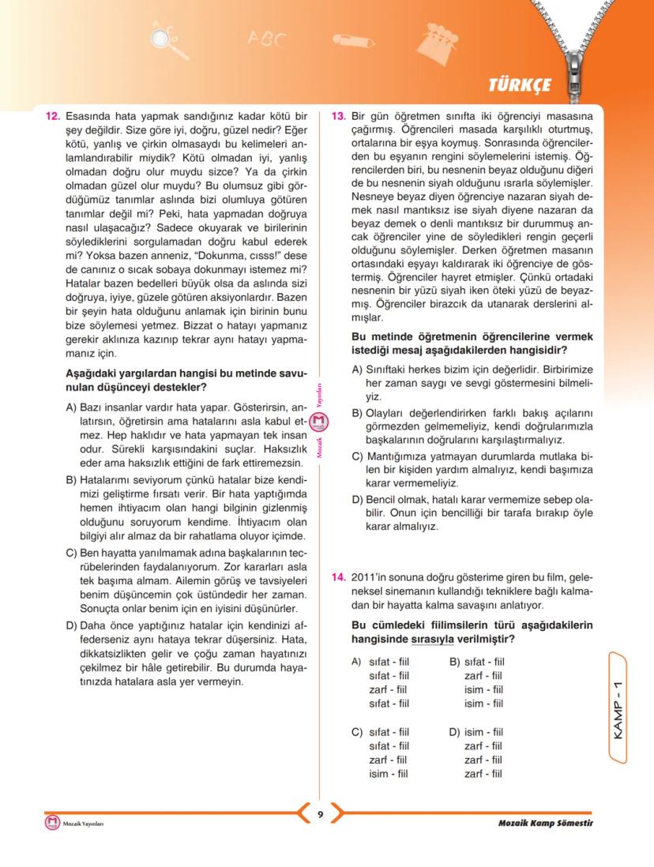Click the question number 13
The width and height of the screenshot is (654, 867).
point(338,116)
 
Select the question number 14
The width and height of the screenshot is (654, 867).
point(338,577)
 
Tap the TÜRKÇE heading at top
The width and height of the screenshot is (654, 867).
point(519,84)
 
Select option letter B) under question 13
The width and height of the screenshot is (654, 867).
point(357,413)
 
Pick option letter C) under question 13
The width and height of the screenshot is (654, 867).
point(357,456)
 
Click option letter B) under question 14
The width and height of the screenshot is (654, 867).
point(454,662)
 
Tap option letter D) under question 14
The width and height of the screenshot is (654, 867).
point(454,731)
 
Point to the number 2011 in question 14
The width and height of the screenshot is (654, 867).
point(364,577)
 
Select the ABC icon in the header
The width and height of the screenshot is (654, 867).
point(265,37)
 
